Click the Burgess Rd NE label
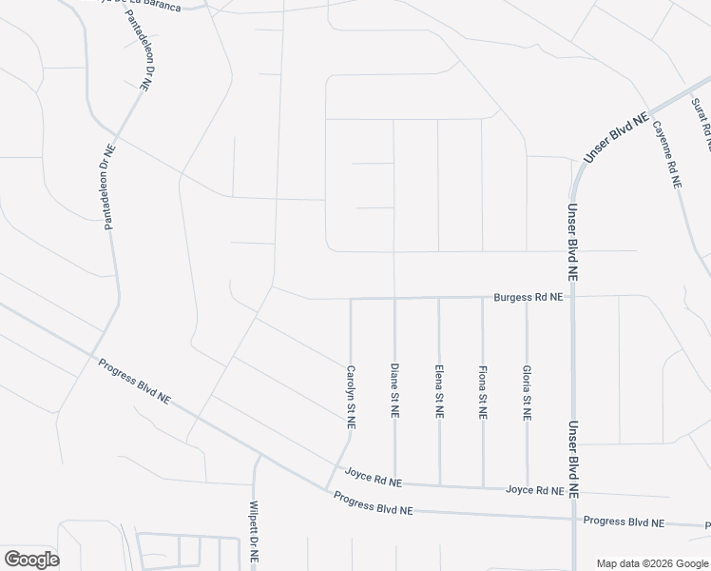pos(528,298)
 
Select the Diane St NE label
pos(394,390)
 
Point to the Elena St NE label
pos(438,393)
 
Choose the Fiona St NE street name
pos(483,392)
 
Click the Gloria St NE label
pos(526,393)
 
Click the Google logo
pos(31,559)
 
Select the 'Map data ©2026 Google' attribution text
pos(652,563)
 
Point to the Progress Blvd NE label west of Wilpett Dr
pos(133,380)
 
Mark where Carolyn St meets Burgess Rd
pos(351,299)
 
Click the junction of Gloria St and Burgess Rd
pos(527,297)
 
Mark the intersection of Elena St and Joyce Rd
pos(439,484)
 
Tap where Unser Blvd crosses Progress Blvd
pos(573,520)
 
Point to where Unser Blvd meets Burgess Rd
pos(573,296)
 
